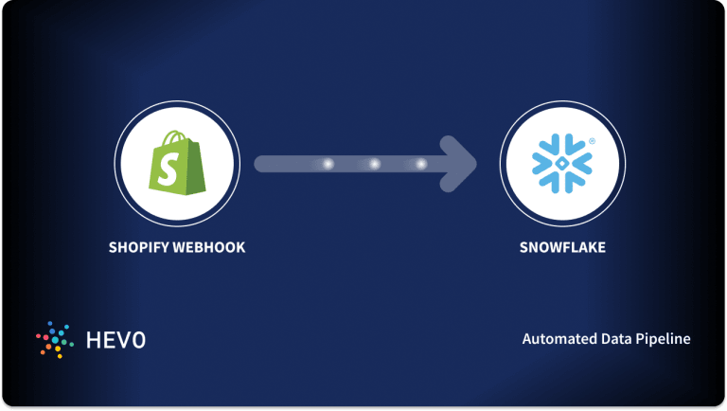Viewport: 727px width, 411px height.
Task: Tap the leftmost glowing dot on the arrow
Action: coord(328,164)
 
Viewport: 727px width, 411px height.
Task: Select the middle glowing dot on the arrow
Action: coord(374,164)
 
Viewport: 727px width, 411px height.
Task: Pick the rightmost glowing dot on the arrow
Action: coord(420,164)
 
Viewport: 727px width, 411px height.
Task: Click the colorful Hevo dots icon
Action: coord(53,338)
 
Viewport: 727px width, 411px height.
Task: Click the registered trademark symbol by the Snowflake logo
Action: coord(591,141)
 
